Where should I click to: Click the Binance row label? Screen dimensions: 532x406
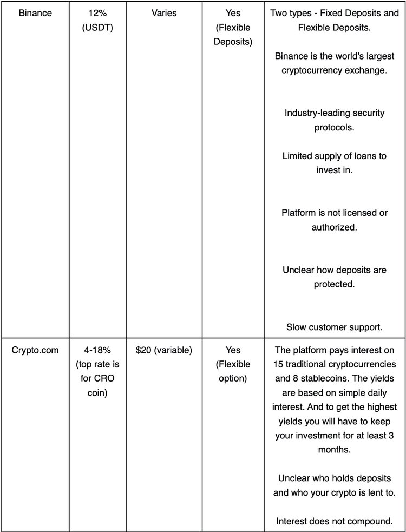point(35,13)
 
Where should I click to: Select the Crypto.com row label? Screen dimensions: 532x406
point(35,350)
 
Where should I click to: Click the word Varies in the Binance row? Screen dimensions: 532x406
point(165,13)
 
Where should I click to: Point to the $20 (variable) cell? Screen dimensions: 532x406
point(165,350)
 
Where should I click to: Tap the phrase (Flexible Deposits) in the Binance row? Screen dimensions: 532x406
point(233,34)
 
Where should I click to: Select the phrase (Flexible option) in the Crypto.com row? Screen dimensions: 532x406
point(233,371)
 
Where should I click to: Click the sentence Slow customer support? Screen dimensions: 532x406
point(334,326)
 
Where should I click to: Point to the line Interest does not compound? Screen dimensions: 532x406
point(334,521)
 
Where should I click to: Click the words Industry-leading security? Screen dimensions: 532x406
point(334,113)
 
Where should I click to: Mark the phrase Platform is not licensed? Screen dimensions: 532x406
point(334,213)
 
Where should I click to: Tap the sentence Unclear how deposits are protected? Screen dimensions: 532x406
point(334,277)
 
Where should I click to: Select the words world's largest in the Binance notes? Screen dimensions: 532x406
point(353,56)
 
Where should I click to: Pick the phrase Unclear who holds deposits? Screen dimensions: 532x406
point(334,478)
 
